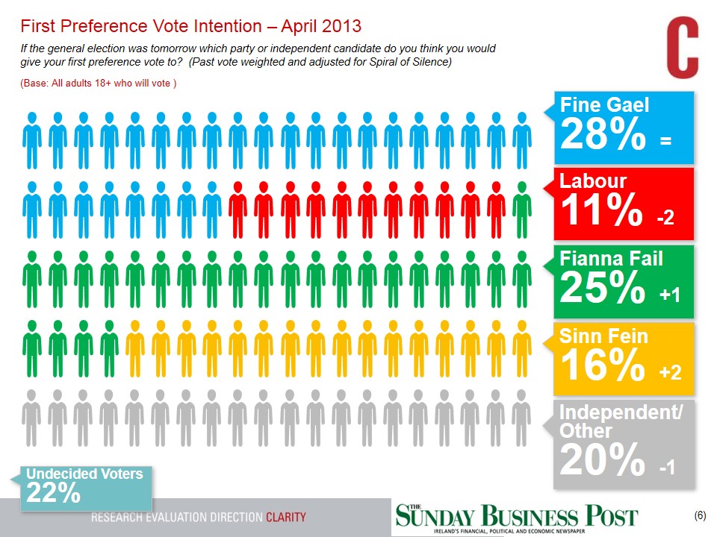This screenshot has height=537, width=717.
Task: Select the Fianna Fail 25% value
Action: (602, 289)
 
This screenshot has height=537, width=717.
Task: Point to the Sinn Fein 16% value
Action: (601, 365)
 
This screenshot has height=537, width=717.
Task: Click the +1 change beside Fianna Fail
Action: (670, 295)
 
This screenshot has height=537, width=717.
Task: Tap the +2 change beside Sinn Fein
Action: (670, 372)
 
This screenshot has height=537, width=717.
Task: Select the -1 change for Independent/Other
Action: (667, 468)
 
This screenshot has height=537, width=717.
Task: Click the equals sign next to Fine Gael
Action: (666, 140)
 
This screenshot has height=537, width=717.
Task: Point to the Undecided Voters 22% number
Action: (53, 493)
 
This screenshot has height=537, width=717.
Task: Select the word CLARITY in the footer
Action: (286, 518)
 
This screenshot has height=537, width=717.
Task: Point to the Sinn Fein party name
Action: (603, 337)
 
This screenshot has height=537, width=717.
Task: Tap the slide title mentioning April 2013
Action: (191, 26)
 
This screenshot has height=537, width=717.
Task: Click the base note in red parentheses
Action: (98, 83)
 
